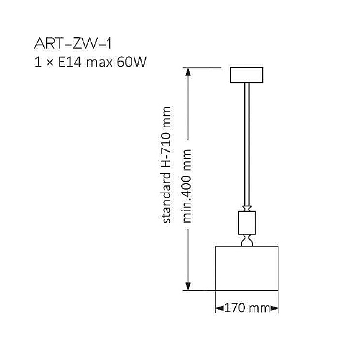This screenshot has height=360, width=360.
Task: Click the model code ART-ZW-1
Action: tap(73, 44)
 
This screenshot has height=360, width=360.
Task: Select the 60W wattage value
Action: tap(133, 61)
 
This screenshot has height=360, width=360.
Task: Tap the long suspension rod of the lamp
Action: tap(246, 144)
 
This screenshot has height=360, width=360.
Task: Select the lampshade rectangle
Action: tap(247, 268)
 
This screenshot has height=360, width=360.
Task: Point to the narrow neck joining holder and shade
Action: tap(246, 241)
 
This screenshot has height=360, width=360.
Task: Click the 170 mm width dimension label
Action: tap(246, 308)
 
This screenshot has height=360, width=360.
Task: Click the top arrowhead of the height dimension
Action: tap(188, 71)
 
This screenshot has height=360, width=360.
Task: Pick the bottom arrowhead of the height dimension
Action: tap(188, 286)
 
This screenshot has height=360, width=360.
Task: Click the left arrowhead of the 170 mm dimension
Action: tap(218, 308)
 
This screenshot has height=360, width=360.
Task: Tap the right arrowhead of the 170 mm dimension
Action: tap(275, 308)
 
